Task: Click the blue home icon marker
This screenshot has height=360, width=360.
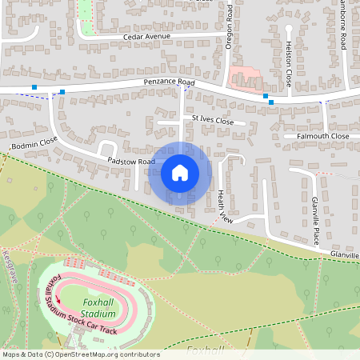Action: (180, 172)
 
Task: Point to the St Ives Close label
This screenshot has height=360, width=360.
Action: (212, 121)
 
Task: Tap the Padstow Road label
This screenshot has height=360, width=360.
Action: (131, 162)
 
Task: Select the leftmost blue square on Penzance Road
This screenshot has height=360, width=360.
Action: (34, 86)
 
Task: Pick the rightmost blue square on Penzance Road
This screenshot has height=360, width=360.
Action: (271, 102)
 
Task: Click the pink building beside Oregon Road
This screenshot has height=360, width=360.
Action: (245, 78)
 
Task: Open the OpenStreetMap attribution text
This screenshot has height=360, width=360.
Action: (80, 354)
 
